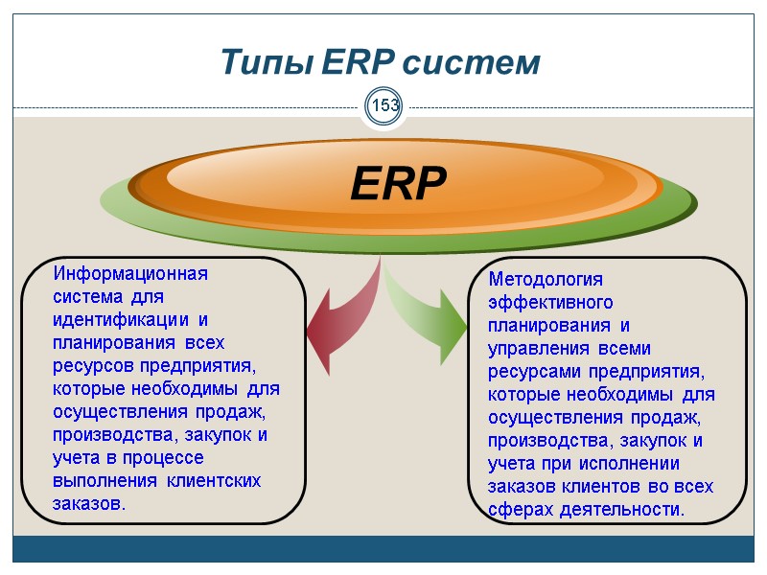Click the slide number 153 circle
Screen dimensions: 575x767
(385, 104)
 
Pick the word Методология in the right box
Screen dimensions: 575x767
(546, 279)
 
